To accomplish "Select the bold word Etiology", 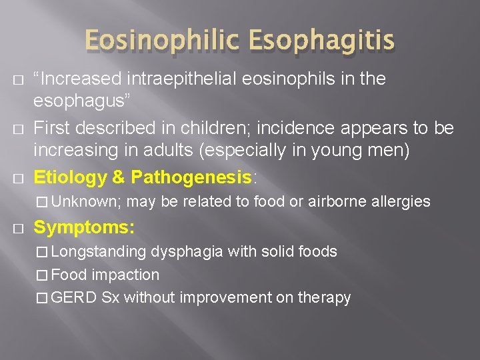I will coord(70,177).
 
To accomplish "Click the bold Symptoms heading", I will coord(84,227).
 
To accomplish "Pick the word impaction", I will coord(125,275).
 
